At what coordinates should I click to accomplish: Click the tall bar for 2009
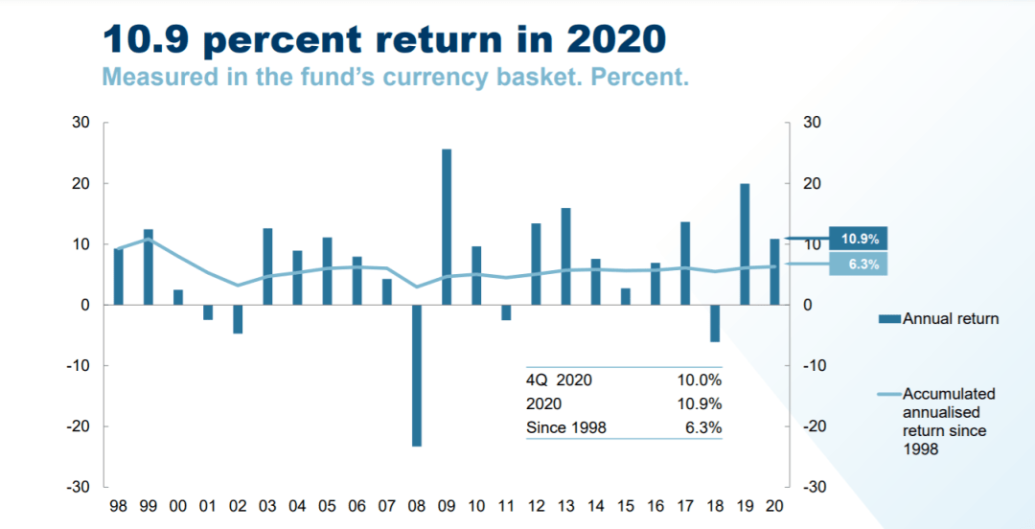click(x=447, y=226)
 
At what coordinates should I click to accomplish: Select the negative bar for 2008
click(x=417, y=375)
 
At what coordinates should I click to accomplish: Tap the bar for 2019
click(x=745, y=243)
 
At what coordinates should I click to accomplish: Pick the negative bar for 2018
click(x=715, y=323)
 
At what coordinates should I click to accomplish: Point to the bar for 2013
click(x=565, y=256)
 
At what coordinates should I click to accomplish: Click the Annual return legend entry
click(x=950, y=318)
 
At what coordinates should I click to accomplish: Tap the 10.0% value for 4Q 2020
click(x=699, y=379)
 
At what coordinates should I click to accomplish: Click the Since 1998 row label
click(x=566, y=427)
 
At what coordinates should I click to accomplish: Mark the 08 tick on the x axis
click(x=417, y=505)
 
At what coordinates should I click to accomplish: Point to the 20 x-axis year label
click(x=774, y=505)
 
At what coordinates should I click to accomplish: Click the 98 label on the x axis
click(x=119, y=505)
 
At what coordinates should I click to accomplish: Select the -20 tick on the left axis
click(x=76, y=425)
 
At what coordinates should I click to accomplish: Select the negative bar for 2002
click(x=238, y=319)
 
